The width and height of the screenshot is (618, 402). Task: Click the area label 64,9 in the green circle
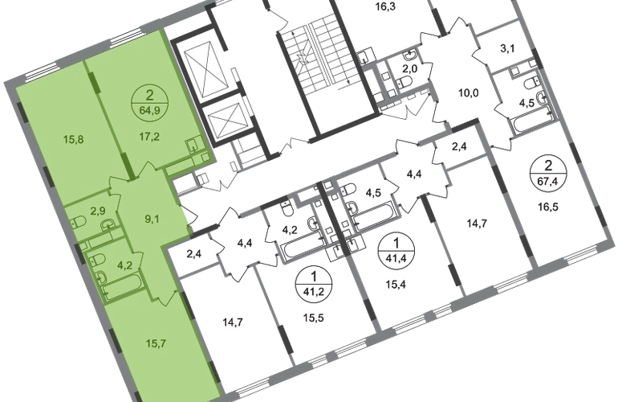(x=149, y=110)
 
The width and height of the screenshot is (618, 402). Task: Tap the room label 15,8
(x=73, y=139)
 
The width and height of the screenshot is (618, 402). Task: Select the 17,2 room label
(x=149, y=137)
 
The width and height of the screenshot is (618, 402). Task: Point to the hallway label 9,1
(x=152, y=219)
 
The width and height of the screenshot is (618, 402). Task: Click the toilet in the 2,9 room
(x=76, y=221)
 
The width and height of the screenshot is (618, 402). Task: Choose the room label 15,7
(x=156, y=343)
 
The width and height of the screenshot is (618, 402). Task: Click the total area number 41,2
(x=314, y=292)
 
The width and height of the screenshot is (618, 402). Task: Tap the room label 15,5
(x=314, y=318)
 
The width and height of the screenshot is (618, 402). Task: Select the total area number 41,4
(x=396, y=259)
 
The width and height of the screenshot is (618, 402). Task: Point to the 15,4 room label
(x=396, y=284)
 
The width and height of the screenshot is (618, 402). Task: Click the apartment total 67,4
(x=548, y=181)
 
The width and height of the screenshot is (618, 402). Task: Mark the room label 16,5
(x=548, y=207)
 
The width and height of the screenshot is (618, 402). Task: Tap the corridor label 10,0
(x=468, y=93)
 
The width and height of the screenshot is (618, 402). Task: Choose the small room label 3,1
(x=507, y=49)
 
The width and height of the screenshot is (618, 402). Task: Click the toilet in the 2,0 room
(x=405, y=82)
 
